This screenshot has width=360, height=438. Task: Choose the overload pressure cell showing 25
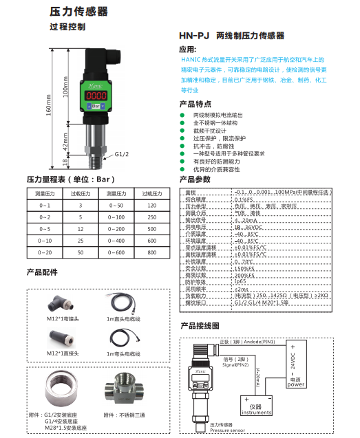coord(80,241)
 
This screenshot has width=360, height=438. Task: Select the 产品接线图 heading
coord(199,325)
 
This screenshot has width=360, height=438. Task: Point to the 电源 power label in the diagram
coord(295,382)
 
